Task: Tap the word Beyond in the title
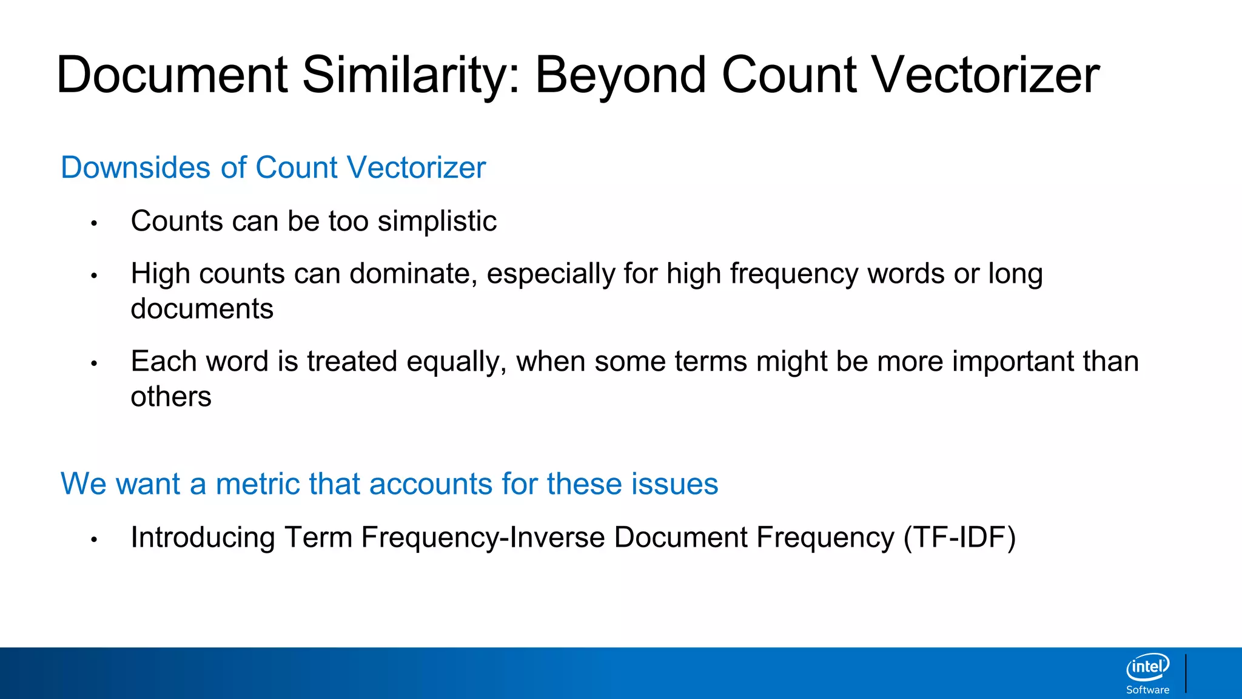point(620,75)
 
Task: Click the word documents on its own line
point(202,309)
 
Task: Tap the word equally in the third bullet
point(456,362)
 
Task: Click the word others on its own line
point(171,397)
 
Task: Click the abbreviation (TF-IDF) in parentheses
point(959,538)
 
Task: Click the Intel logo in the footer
point(1147,667)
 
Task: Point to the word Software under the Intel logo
point(1147,690)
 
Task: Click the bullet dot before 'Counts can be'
point(94,224)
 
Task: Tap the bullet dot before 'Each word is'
point(94,364)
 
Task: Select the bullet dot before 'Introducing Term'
point(94,540)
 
